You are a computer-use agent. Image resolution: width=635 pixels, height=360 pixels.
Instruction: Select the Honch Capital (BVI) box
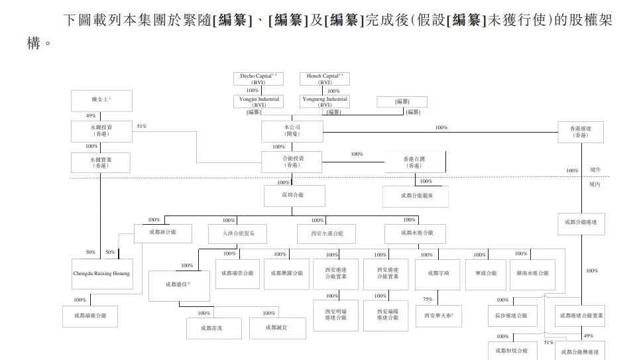coord(325,79)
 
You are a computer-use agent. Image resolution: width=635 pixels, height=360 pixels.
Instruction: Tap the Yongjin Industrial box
coord(259,101)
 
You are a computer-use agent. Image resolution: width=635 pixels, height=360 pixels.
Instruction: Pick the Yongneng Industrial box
coord(325,101)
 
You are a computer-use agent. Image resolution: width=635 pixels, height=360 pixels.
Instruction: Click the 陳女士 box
coord(101,101)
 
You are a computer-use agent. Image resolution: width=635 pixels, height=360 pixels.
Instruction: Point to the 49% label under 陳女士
coord(91,115)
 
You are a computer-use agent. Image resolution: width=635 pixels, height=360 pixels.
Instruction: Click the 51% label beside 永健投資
coord(142,126)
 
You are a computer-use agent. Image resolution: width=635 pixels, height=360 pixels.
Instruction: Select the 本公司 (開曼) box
coord(292,131)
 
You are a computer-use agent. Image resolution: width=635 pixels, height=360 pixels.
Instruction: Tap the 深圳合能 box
coord(294,196)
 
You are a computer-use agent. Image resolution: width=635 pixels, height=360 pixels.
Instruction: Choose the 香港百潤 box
coord(414,162)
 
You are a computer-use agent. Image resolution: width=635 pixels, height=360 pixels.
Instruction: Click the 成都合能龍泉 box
coord(415,196)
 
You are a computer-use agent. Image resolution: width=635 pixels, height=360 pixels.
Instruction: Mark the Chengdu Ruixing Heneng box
coord(101,273)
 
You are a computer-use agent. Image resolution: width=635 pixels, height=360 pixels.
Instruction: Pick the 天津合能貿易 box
coord(241,233)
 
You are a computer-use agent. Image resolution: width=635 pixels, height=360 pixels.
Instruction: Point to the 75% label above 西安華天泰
coord(428,299)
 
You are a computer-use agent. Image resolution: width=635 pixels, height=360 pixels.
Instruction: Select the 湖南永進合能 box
coord(532,273)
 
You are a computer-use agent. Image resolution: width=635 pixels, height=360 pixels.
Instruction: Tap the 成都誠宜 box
coord(277,328)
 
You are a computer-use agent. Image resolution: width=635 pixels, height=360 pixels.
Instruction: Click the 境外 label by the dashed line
coord(596,170)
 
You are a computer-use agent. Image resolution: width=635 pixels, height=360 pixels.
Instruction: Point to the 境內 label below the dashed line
coord(596,184)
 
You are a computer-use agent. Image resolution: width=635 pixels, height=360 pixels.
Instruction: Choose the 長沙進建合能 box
coord(512,316)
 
